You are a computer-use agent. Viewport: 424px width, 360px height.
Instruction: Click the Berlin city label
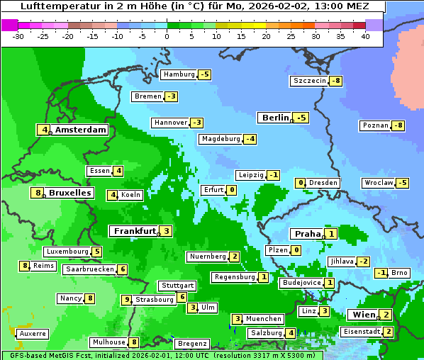[275, 118]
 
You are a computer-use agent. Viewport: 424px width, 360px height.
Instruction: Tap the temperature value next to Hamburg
[205, 74]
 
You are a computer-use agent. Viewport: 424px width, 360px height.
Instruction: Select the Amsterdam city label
[80, 130]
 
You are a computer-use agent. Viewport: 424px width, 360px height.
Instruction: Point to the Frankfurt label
[134, 231]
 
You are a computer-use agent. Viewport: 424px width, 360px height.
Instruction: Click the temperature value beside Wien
[385, 315]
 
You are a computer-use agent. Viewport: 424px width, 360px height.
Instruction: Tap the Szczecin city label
[310, 81]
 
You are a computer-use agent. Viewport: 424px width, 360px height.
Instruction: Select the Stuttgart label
[177, 286]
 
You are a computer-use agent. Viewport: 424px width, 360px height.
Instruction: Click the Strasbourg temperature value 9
[128, 300]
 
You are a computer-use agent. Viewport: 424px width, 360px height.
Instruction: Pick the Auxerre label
[33, 333]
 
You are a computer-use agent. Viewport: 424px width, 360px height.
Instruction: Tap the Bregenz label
[191, 343]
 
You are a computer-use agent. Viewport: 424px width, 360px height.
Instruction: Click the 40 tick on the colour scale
[365, 36]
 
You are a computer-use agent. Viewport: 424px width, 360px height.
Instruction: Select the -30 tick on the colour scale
[19, 36]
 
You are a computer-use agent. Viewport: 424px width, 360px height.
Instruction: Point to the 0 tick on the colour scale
[167, 36]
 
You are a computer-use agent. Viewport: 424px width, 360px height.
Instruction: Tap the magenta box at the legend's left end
[9, 24]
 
